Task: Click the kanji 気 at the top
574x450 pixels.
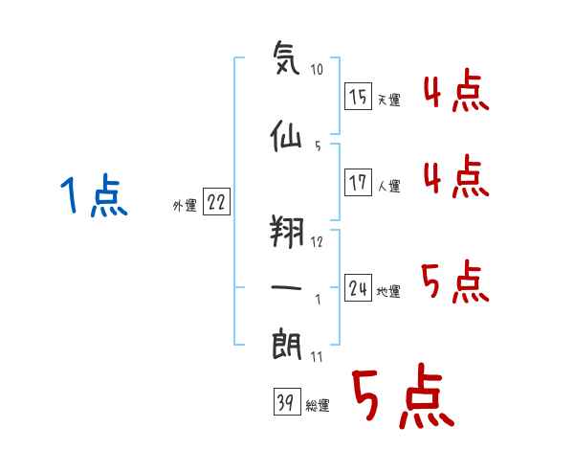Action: (286, 57)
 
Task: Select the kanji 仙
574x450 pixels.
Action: (286, 136)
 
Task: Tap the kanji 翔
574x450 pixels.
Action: (287, 232)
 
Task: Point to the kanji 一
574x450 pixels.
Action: (286, 287)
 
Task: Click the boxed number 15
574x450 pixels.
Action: (359, 96)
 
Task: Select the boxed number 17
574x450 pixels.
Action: (359, 182)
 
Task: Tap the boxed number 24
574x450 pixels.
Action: (359, 287)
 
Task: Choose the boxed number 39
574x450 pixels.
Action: (287, 401)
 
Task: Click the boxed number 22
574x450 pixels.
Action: (216, 201)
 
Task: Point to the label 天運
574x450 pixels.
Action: (389, 100)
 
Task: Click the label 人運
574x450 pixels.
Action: (389, 186)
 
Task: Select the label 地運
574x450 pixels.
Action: (388, 291)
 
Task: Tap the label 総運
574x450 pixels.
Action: (318, 405)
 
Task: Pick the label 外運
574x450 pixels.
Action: (185, 206)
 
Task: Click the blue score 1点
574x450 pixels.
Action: (94, 195)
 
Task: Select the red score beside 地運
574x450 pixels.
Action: (455, 281)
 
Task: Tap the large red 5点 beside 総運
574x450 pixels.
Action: (404, 395)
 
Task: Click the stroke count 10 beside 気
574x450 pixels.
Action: (317, 69)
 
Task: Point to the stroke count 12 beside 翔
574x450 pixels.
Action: (317, 242)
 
